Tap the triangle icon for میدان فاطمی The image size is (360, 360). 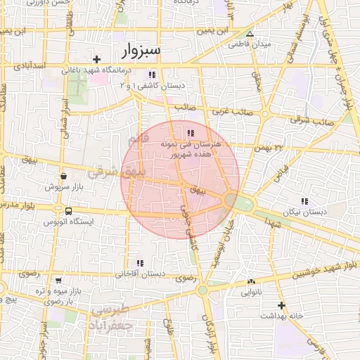(x=249, y=33)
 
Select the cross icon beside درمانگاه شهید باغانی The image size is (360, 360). (x=97, y=59)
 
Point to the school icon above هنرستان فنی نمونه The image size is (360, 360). (x=191, y=132)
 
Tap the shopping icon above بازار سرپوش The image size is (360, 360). (x=65, y=176)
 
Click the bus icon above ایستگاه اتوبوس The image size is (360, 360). (x=68, y=211)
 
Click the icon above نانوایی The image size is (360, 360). (x=251, y=281)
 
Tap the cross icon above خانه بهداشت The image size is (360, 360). (x=281, y=305)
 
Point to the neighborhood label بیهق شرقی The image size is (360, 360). (x=112, y=171)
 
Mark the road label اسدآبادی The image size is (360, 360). (x=28, y=65)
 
